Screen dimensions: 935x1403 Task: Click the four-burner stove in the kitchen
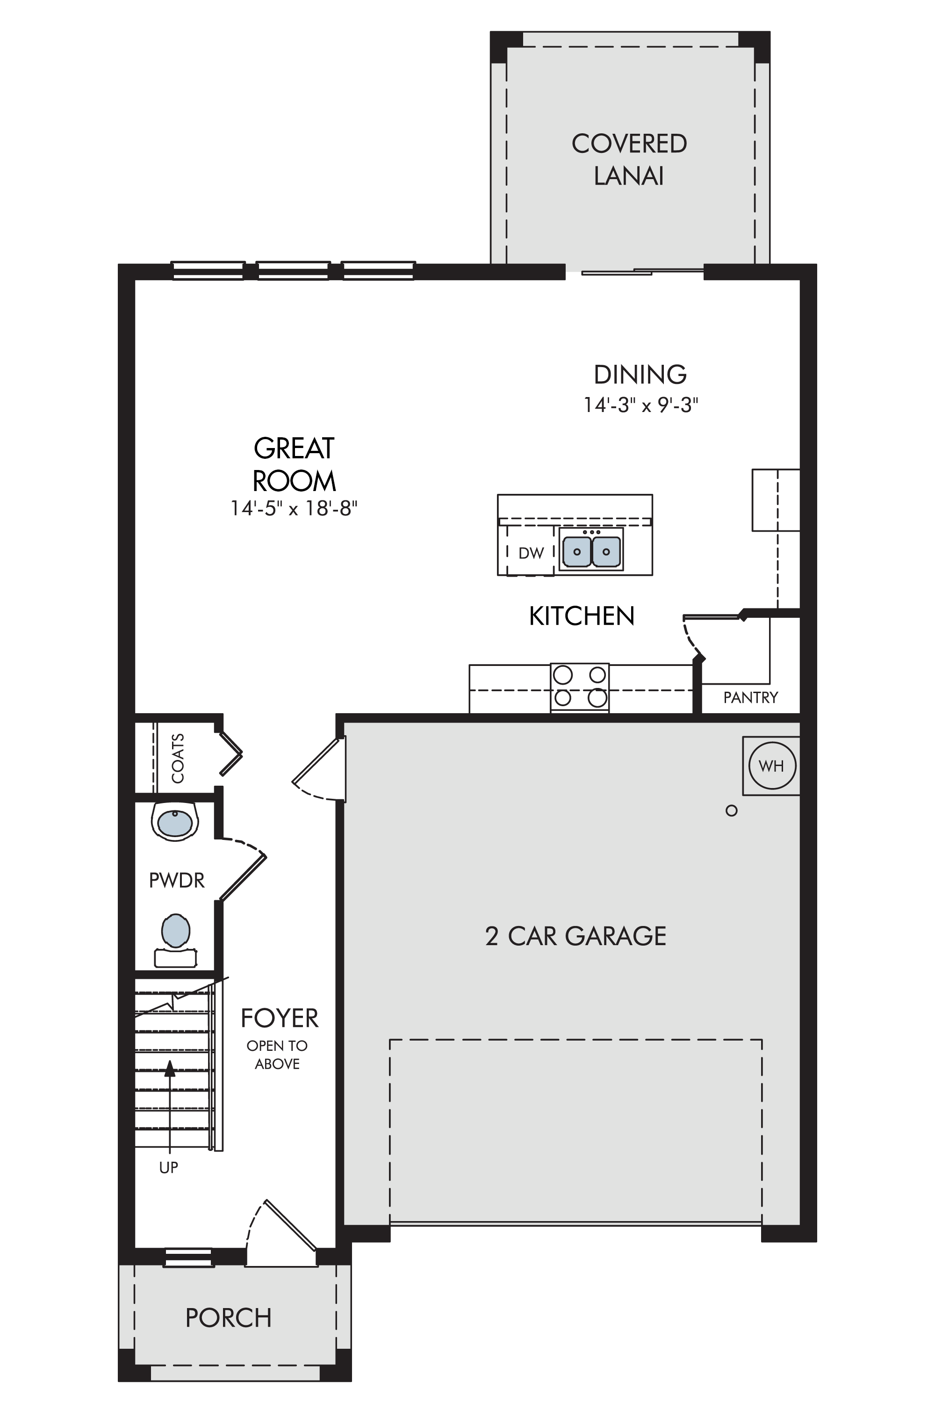coord(580,687)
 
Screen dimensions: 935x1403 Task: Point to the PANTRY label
coord(750,697)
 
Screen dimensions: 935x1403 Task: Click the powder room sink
coord(175,821)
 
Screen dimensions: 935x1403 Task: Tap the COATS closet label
coord(178,758)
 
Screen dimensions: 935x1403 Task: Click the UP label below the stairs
coord(169,1167)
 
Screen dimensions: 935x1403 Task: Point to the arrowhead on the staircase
coord(170,1068)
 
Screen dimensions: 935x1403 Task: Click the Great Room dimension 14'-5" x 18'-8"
coord(294,508)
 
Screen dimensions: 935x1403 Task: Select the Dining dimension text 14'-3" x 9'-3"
coord(640,405)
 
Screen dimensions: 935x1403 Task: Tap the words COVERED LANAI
coord(629,159)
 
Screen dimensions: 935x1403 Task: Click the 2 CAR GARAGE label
coord(575,937)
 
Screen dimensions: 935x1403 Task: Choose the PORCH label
coord(229,1318)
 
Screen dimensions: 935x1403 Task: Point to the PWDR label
coord(177,881)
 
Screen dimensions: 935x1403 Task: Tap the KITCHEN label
coord(582,616)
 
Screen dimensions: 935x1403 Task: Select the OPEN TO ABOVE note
coord(277,1055)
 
